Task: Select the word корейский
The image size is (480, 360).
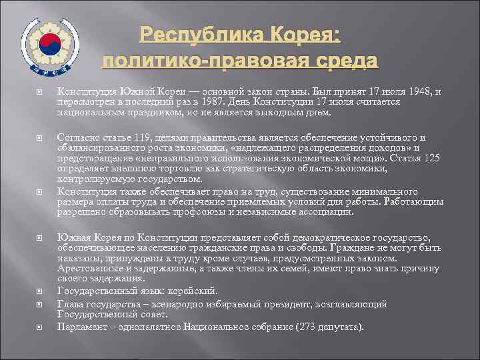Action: (193, 290)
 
